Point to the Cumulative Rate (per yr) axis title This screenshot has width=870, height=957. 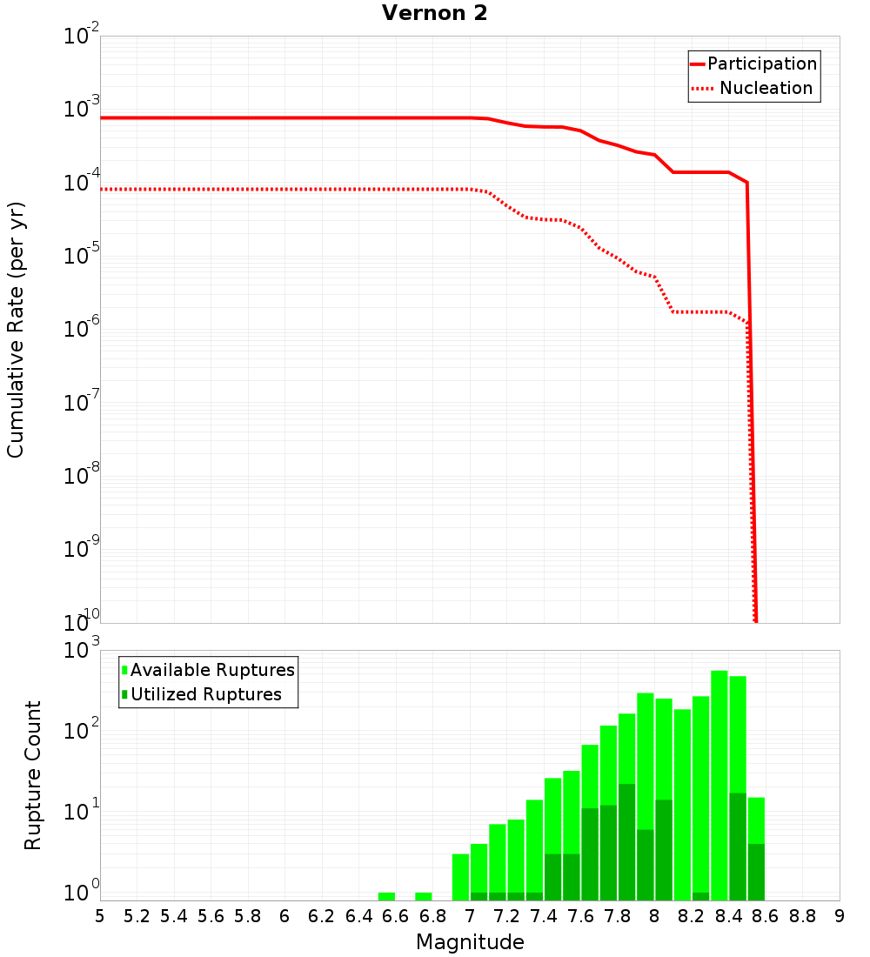pyautogui.click(x=16, y=330)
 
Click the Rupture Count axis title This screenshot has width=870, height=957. pyautogui.click(x=33, y=775)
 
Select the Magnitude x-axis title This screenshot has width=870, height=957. pyautogui.click(x=470, y=942)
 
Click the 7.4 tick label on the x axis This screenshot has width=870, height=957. pyautogui.click(x=544, y=916)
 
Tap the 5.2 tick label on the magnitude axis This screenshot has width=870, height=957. pyautogui.click(x=137, y=916)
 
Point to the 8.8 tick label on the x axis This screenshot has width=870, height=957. pyautogui.click(x=802, y=916)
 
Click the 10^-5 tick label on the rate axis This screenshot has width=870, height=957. pyautogui.click(x=82, y=256)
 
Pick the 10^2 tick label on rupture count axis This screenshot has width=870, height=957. pyautogui.click(x=84, y=729)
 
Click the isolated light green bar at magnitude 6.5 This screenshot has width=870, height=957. pyautogui.click(x=386, y=896)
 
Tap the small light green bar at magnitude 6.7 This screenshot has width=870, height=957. pyautogui.click(x=424, y=896)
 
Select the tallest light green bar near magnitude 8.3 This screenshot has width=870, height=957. pyautogui.click(x=719, y=739)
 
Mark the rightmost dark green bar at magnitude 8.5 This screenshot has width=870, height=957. pyautogui.click(x=756, y=872)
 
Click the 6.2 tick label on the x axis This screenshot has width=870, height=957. pyautogui.click(x=322, y=916)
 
